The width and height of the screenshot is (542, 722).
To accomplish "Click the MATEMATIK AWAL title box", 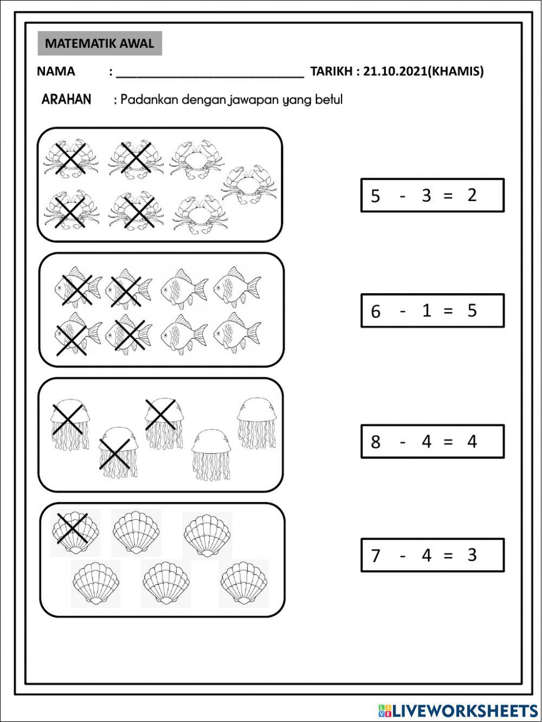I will coord(100,44).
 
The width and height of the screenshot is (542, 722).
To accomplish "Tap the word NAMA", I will coord(56,72).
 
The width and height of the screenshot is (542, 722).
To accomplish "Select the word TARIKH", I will coord(332,72).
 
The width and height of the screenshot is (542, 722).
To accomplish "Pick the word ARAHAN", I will coord(66,100).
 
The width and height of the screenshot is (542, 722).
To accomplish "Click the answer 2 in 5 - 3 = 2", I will coord(472,195).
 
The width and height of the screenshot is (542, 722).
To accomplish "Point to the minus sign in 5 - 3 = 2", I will coord(402,196).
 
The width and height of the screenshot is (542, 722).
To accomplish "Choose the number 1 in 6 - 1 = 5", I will coord(426,311).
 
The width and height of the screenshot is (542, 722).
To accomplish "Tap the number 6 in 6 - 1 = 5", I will coord(376,311).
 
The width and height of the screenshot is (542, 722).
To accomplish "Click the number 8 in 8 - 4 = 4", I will coord(376,442).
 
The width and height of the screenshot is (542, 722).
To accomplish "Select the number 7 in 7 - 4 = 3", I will coord(376,556).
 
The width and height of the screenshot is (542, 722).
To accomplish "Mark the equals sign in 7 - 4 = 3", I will coord(448,556).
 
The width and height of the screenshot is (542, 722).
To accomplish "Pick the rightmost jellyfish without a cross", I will coord(257,423).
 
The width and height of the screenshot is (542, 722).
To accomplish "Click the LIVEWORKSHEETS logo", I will coord(458,710).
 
